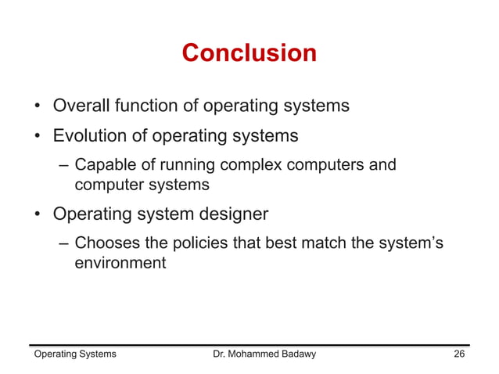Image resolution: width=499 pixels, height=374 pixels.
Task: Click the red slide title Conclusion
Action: point(249,53)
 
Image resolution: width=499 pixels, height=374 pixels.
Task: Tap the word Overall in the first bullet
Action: point(81,105)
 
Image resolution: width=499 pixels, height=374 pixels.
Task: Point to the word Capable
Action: point(102,166)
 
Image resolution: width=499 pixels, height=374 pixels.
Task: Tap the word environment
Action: point(120,263)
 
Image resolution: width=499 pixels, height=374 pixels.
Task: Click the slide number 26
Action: point(460,354)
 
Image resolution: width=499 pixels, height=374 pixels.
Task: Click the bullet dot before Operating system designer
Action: point(37,214)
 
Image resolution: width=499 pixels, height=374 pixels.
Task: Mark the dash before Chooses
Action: point(63,243)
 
